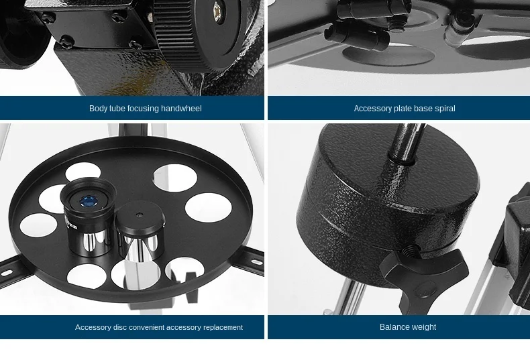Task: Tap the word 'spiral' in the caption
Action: pos(445,109)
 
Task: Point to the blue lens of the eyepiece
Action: pos(88,202)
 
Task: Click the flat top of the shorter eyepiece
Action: pos(140,215)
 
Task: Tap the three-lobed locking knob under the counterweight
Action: pos(424,276)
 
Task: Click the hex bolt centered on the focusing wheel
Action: pos(218,13)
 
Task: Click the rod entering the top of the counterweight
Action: pos(407,141)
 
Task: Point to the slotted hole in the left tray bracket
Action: pos(7,273)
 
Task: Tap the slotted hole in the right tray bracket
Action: pos(256,262)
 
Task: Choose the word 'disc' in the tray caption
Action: pos(120,327)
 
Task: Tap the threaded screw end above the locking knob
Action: pos(410,251)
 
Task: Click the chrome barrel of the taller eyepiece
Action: pos(90,241)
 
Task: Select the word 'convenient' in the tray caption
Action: pos(147,328)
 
